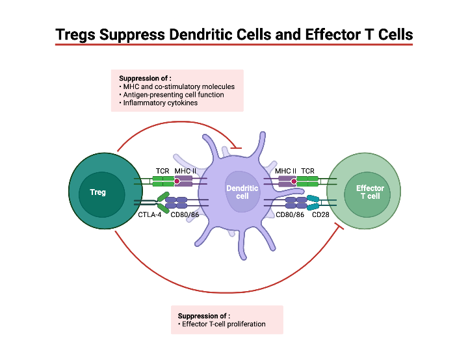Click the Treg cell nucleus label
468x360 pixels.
point(97,192)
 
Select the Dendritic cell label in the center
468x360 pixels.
point(242,192)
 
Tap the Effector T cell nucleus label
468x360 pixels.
point(370,192)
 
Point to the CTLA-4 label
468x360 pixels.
point(149,214)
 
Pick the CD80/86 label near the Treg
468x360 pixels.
point(184,214)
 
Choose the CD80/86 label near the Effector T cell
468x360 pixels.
point(290,214)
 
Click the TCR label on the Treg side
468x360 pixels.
point(162,171)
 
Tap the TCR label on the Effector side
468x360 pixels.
point(307,171)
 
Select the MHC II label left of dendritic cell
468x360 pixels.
point(185,171)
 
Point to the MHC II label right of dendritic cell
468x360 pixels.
point(285,171)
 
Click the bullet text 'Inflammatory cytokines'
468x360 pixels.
point(160,103)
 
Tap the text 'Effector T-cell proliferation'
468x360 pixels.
point(224,324)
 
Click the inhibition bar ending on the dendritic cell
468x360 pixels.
point(236,148)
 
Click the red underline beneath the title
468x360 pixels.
point(234,44)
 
